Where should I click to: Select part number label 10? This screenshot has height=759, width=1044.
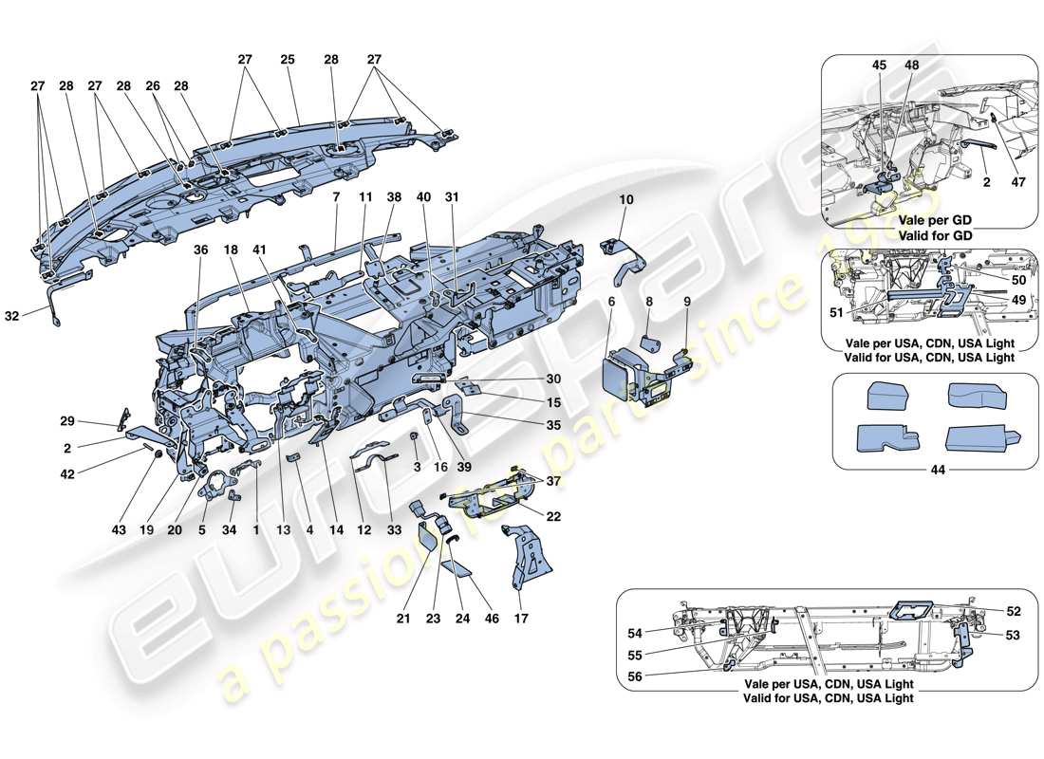point(625,201)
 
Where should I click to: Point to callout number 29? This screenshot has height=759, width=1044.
point(93,420)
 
